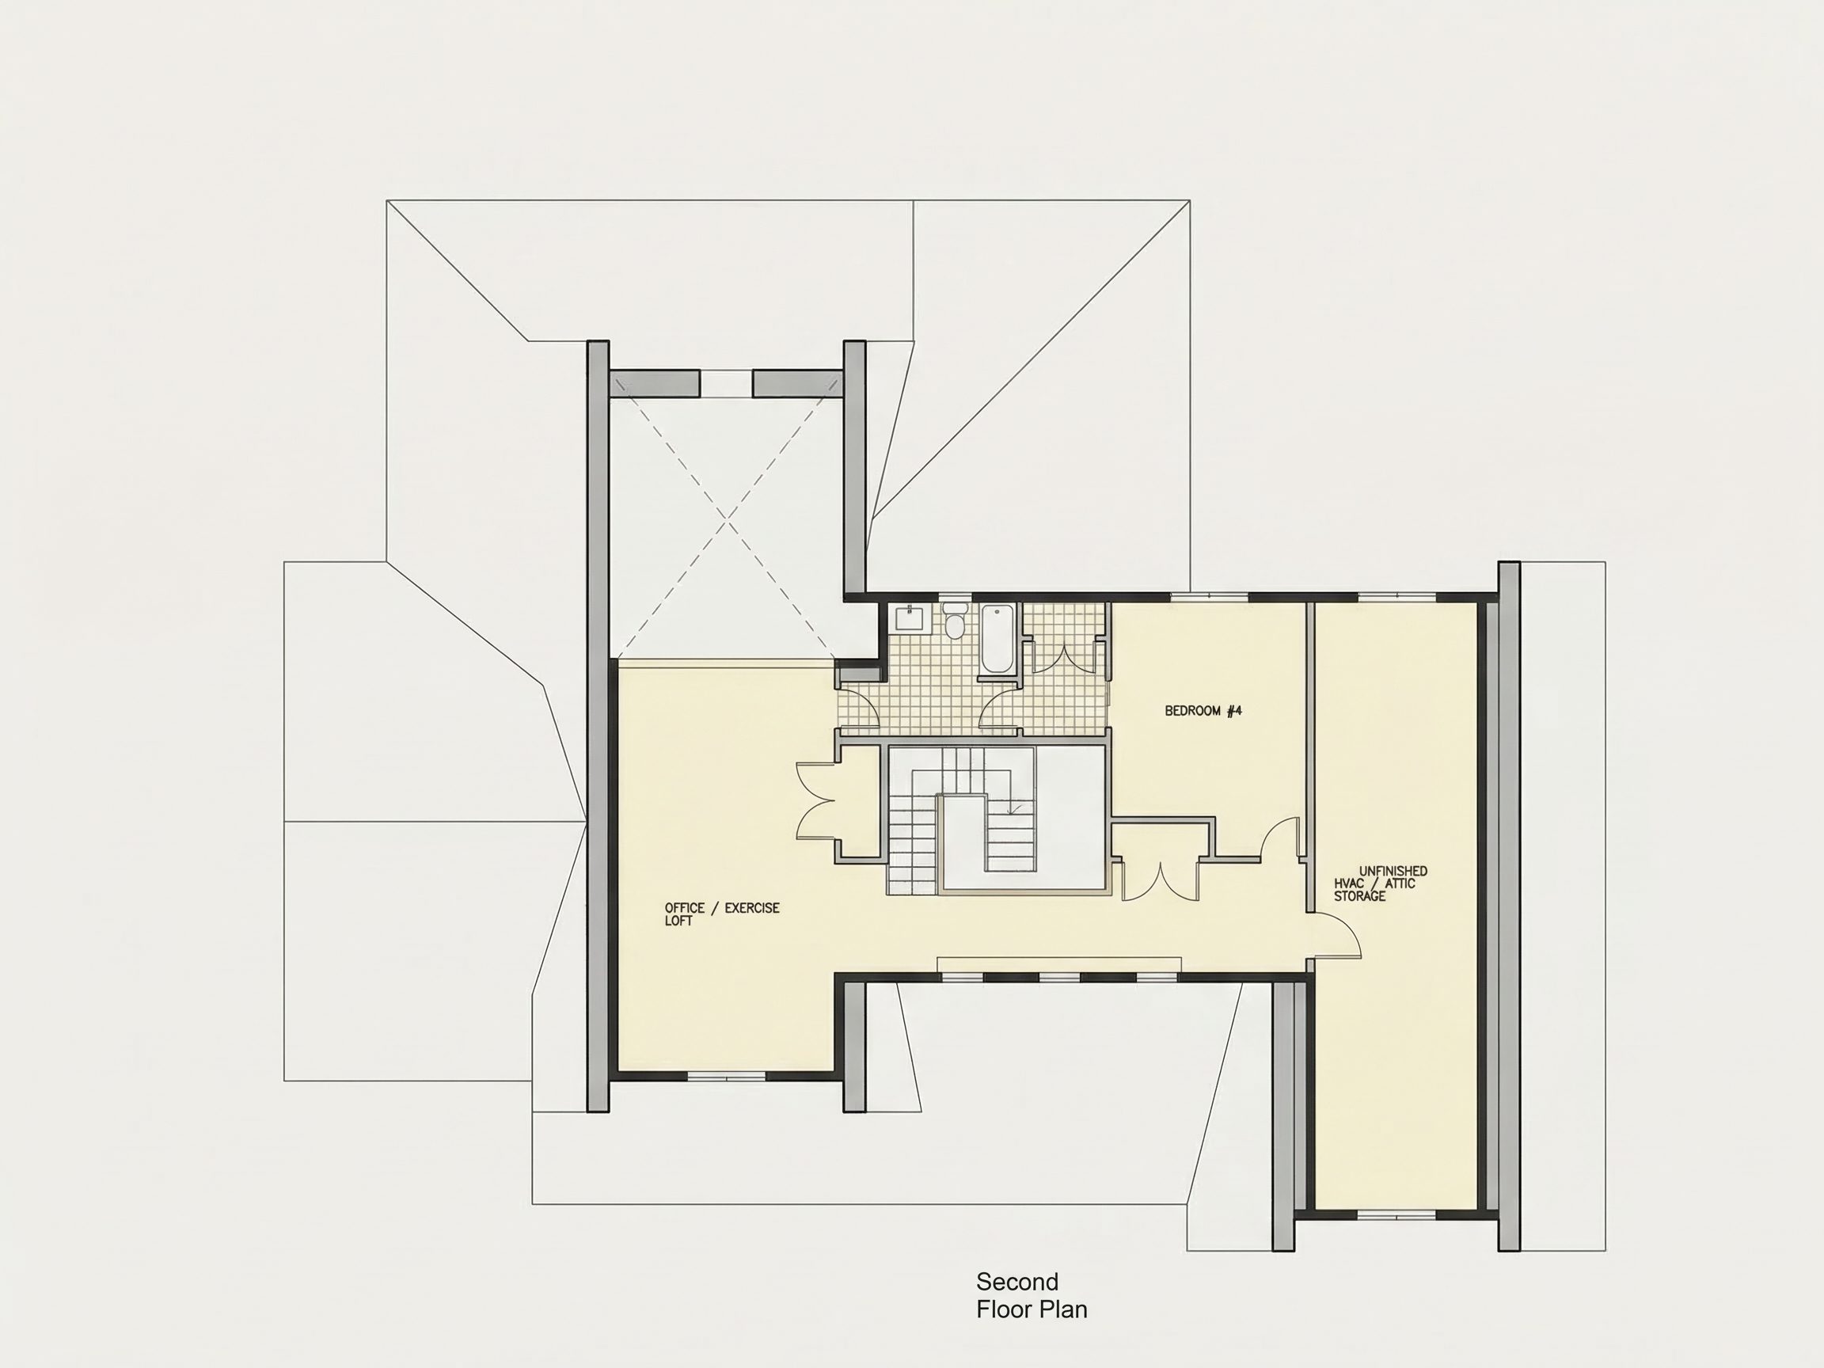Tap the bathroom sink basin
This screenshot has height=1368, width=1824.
(909, 617)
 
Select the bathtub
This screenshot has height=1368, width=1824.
(996, 640)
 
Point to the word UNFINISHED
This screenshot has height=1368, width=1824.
(1393, 871)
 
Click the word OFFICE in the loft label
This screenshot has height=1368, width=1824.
(685, 908)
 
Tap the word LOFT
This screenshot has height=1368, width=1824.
(678, 920)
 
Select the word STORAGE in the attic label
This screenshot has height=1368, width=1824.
(1360, 895)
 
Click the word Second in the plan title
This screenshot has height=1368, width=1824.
(1016, 1282)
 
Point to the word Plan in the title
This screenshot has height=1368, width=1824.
(1065, 1309)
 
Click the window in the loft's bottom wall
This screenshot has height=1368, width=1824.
(727, 1075)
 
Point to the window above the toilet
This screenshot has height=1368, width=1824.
(955, 596)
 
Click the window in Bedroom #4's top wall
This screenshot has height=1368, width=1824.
(1210, 596)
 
